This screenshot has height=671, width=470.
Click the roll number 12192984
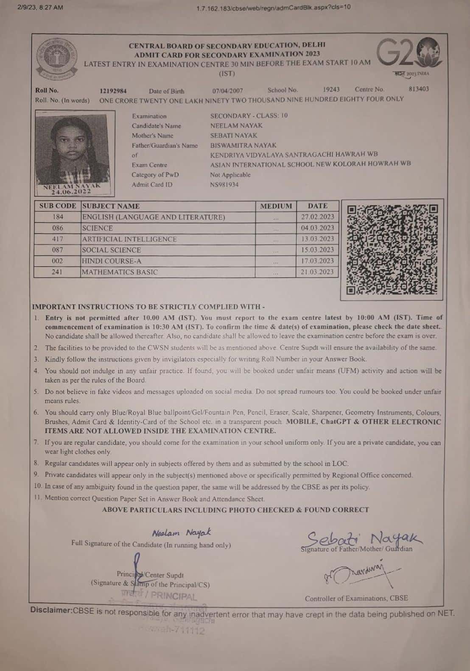point(113,91)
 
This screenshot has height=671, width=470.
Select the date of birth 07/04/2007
point(227,91)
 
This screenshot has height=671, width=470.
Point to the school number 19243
point(331,89)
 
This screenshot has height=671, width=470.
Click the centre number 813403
point(418,89)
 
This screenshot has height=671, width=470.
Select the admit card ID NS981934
point(224,185)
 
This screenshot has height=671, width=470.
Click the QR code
point(392,249)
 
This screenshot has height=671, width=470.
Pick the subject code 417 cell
point(57,239)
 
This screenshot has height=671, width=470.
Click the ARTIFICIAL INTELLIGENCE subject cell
point(129,239)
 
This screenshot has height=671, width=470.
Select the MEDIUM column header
point(276,206)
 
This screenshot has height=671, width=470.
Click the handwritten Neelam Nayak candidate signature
point(181,532)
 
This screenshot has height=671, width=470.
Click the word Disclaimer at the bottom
point(51,610)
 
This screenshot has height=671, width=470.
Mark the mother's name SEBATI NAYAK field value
point(234,136)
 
